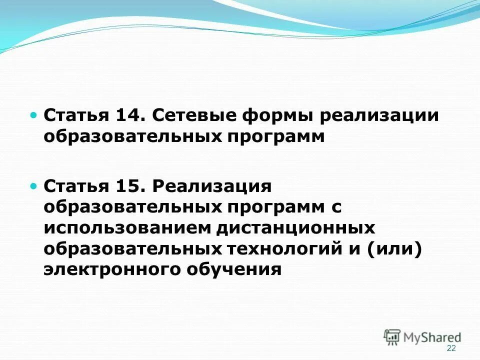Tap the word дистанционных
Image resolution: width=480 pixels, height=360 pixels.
pyautogui.click(x=295, y=228)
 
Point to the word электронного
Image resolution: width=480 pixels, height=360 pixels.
pyautogui.click(x=110, y=269)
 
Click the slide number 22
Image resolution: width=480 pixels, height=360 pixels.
pyautogui.click(x=451, y=348)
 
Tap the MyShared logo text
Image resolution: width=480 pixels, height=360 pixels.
pyautogui.click(x=433, y=337)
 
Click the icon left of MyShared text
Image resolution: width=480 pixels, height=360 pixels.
pyautogui.click(x=392, y=337)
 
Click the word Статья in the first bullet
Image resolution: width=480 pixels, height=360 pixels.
pyautogui.click(x=76, y=115)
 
